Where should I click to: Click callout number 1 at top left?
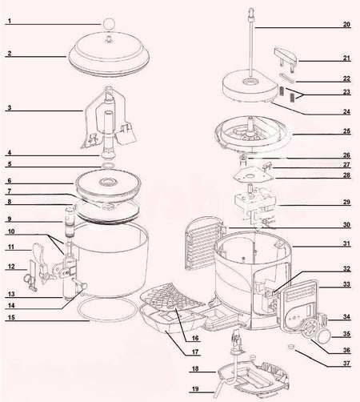tap(8, 23)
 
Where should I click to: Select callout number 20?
tap(346, 25)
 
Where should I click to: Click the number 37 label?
tap(346, 363)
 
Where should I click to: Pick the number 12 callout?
tap(9, 266)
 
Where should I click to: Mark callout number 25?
tap(346, 131)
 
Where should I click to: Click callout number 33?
tap(346, 283)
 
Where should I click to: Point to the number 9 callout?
tap(9, 219)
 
